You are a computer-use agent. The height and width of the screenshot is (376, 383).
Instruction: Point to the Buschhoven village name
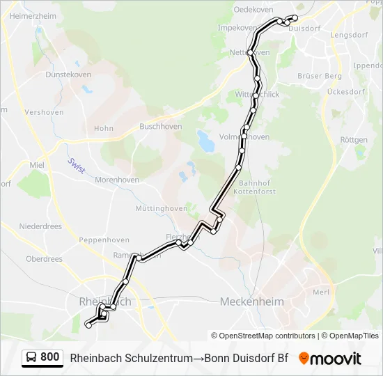[161, 127]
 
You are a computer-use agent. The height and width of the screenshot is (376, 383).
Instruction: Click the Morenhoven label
[115, 180]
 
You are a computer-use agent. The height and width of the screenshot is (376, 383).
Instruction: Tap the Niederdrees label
[40, 226]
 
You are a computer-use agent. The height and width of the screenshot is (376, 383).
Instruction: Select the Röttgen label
[354, 140]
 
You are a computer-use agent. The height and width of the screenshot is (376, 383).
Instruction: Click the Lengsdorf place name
[350, 34]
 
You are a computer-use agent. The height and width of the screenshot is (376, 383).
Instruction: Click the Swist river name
[75, 166]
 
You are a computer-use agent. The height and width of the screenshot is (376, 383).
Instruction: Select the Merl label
[321, 292]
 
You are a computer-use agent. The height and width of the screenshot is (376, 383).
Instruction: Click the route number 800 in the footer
[49, 357]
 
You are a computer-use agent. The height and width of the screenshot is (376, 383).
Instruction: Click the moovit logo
[330, 359]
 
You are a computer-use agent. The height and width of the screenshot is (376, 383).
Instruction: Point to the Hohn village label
[104, 128]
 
